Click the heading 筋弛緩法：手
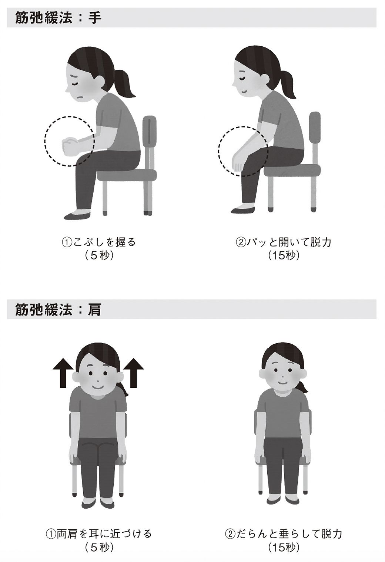coord(58,18)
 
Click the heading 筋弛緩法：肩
coord(58,310)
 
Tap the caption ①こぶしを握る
coord(98,242)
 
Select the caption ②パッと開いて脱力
coord(284,242)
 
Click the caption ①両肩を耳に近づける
coord(98,534)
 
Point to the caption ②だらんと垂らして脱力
coord(284,534)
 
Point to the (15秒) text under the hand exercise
coord(284,255)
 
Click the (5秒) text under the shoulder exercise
coord(98,547)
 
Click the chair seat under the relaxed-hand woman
coord(292,171)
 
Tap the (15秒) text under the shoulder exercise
coord(284,547)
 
